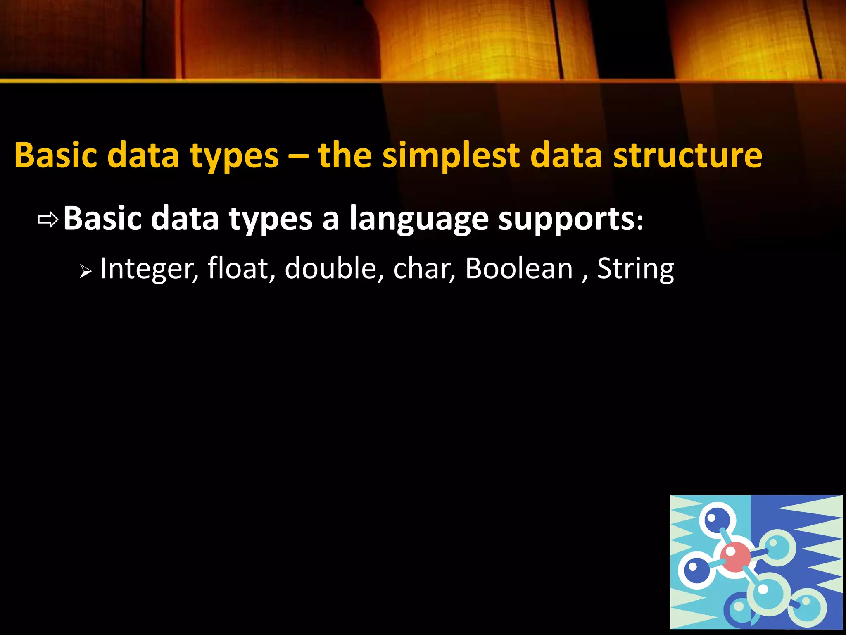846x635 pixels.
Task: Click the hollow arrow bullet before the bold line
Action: (48, 220)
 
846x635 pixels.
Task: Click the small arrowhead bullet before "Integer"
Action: (85, 272)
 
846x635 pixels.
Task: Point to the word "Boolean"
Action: (519, 268)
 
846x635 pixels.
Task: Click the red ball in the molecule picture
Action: (735, 556)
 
